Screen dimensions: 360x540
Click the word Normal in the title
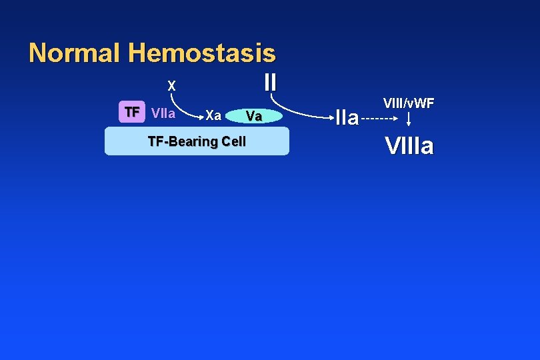[x=75, y=52]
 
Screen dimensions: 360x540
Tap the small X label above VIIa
[x=171, y=86]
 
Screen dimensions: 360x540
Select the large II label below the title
[x=270, y=82]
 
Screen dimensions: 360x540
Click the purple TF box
[x=132, y=112]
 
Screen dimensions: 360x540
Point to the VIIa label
[x=163, y=113]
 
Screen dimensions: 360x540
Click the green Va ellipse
[x=253, y=117]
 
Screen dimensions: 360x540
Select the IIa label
[x=347, y=119]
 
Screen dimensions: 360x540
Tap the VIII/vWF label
[x=409, y=103]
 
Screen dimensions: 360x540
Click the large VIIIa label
[x=409, y=145]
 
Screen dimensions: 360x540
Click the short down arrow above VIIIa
[x=409, y=119]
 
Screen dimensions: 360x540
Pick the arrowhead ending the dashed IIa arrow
[x=395, y=120]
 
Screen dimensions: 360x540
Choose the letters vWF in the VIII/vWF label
[x=420, y=103]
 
